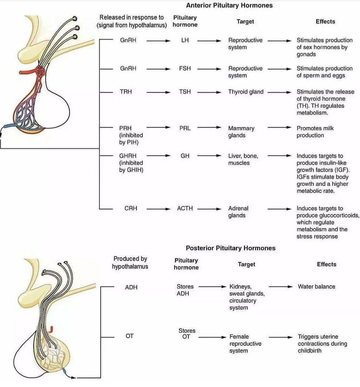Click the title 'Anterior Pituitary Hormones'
(229, 5)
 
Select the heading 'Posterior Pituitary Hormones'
(231, 248)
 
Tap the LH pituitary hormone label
(185, 40)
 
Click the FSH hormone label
(185, 68)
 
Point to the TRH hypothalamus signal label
(126, 92)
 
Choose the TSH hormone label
(185, 92)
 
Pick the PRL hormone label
(185, 128)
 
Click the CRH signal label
(131, 208)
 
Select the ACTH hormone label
(185, 208)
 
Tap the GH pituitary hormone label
(185, 156)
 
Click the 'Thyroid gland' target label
(246, 92)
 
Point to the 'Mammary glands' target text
(241, 132)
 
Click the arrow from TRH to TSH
(158, 92)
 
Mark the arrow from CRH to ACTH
(158, 209)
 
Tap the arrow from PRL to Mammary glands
(209, 128)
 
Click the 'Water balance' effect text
(316, 287)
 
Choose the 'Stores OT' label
(187, 333)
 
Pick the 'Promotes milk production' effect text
(315, 132)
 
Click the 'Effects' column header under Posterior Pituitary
(326, 264)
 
